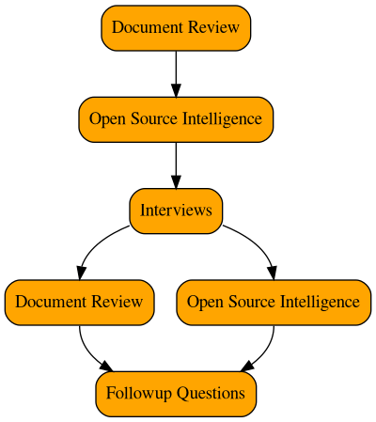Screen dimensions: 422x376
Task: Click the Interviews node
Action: click(x=176, y=210)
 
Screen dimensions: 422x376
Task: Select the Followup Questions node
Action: click(x=176, y=393)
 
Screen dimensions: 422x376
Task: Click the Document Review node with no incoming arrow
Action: click(x=176, y=27)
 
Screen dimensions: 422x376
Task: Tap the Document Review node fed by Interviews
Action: click(x=79, y=302)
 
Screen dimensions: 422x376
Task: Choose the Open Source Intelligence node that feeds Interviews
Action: click(x=176, y=118)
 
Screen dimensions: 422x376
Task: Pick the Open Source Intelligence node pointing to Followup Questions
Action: click(x=273, y=302)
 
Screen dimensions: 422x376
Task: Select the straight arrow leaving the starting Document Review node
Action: click(x=176, y=70)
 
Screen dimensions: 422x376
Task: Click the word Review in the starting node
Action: click(x=214, y=27)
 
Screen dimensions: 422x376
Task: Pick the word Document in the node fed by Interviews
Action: click(x=49, y=302)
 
